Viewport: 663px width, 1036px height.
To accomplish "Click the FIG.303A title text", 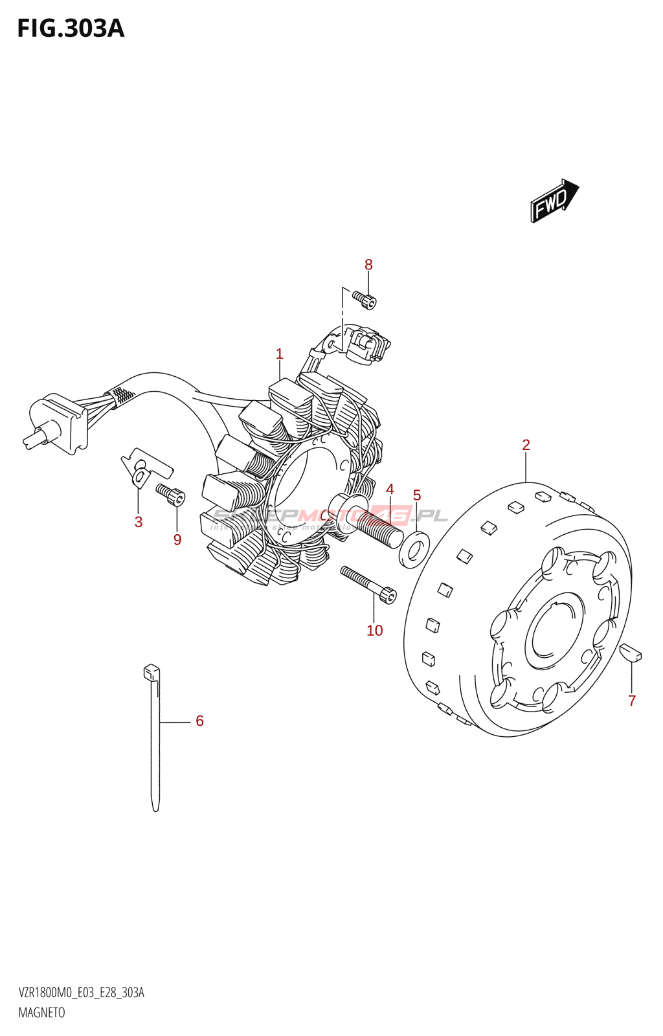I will pos(71,28).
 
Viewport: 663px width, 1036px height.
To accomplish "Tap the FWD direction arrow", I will pos(554,201).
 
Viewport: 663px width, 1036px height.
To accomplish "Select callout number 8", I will pos(368,264).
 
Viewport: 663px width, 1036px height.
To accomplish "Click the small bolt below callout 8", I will pos(365,299).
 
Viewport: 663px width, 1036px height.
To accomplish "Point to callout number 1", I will pos(279,354).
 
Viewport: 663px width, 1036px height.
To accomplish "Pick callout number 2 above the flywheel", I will pos(526,445).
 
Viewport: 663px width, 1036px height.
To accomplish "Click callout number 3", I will pos(139,522).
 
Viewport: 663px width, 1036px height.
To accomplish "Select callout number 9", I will pos(177,539).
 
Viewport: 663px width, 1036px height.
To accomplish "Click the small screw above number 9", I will pos(171,495).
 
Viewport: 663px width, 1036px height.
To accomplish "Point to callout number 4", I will pos(390,490).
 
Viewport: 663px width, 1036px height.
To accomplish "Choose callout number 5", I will pos(417,495).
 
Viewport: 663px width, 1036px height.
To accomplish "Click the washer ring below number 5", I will pos(414,548).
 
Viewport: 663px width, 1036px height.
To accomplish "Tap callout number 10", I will pos(375,631).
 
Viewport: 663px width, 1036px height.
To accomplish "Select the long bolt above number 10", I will pos(368,584).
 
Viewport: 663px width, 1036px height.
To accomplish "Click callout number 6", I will pos(199,721).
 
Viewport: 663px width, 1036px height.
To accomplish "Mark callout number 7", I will pos(632,701).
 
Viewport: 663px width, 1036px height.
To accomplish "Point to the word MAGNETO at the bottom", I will pos(41,1013).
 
